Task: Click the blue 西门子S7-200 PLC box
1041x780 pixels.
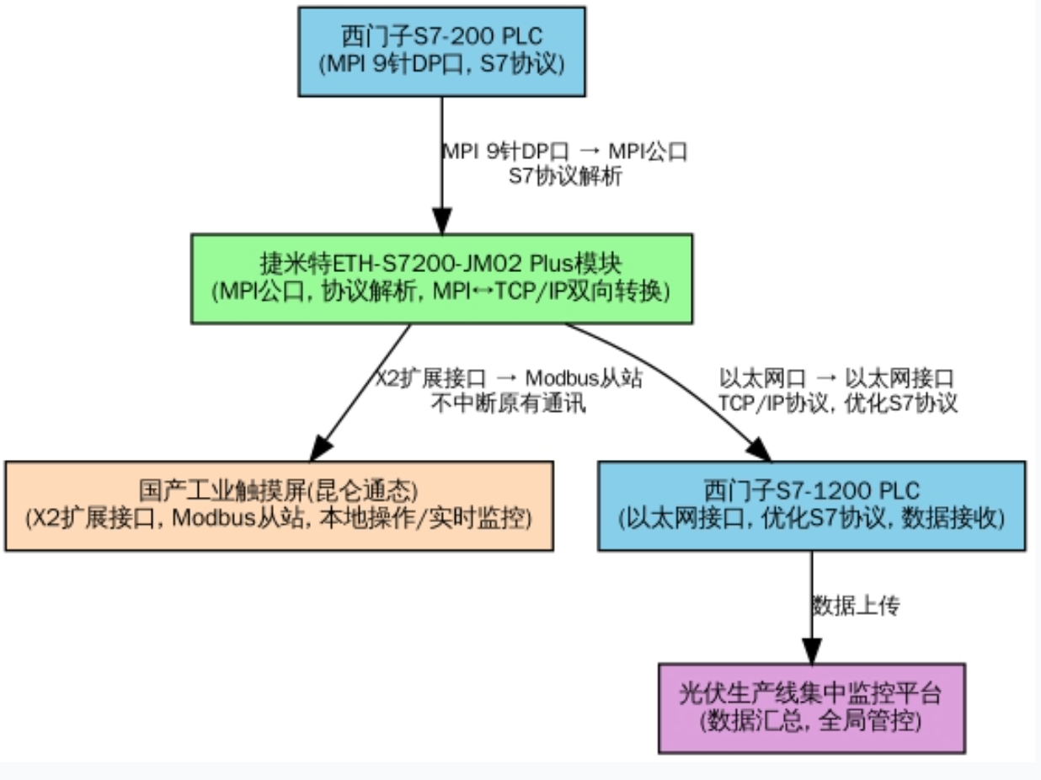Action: tap(442, 51)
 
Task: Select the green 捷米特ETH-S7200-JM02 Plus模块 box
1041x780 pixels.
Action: tap(442, 279)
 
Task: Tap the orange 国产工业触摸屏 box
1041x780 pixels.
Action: tap(279, 505)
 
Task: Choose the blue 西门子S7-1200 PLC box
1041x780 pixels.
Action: tap(811, 505)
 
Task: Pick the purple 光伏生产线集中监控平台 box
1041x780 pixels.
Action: tap(811, 708)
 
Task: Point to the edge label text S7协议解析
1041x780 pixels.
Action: tap(565, 177)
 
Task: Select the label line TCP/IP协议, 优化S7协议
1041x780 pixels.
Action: tap(838, 403)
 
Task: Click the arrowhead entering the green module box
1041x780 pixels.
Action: tap(442, 222)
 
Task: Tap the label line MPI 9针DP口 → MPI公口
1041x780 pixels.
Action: tap(565, 152)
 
